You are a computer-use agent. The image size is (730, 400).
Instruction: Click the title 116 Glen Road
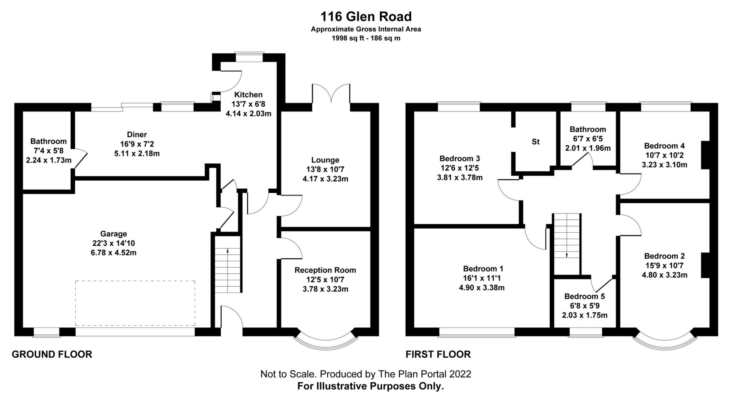[x=366, y=17]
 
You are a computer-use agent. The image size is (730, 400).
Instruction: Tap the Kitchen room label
[x=248, y=95]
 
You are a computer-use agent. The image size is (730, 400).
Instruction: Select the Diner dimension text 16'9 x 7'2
[x=137, y=144]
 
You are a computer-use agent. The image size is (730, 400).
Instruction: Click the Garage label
[x=114, y=234]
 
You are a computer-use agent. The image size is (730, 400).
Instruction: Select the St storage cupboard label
[x=535, y=142]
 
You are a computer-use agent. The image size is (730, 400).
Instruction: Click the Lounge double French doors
[x=331, y=94]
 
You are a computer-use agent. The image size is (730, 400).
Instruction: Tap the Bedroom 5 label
[x=584, y=296]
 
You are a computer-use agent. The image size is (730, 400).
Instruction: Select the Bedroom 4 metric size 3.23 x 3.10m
[x=664, y=165]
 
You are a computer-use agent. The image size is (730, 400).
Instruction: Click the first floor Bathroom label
[x=588, y=129]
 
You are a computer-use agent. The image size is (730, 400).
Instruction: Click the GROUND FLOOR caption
[x=52, y=354]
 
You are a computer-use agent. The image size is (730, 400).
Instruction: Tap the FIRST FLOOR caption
[x=438, y=354]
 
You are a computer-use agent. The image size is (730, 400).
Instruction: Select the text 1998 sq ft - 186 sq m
[x=366, y=38]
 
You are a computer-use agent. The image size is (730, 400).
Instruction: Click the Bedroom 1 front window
[x=477, y=332]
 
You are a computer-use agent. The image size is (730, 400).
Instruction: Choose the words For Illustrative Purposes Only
[x=370, y=386]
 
